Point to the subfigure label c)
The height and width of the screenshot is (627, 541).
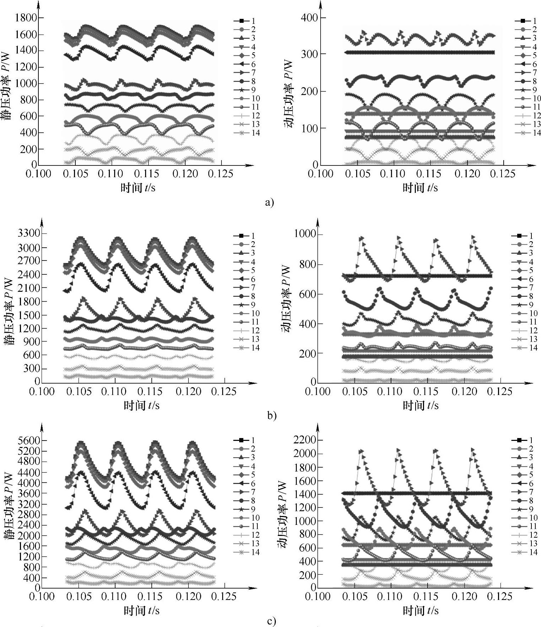click(x=271, y=621)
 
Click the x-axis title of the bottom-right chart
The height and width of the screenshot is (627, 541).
click(x=421, y=611)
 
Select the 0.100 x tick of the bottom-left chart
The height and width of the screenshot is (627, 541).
click(x=42, y=596)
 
